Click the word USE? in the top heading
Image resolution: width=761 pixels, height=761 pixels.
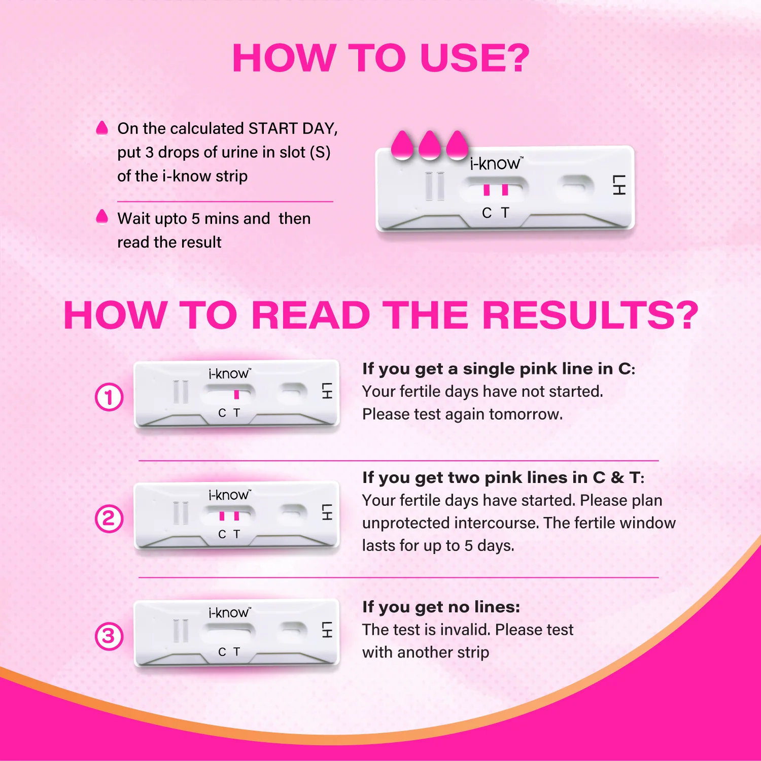tap(475, 58)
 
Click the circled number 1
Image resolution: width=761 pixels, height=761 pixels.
tap(109, 397)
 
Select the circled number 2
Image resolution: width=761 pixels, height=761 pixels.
tap(109, 518)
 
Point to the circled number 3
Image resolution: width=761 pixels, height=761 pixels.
tap(109, 636)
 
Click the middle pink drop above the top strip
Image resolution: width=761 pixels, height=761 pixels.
tap(430, 146)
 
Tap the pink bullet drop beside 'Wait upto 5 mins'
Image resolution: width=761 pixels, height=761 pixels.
tap(102, 217)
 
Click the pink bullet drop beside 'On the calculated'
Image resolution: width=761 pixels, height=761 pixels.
tap(102, 128)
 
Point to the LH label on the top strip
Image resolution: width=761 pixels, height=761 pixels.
tap(619, 185)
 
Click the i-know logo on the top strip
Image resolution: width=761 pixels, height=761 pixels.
tap(495, 163)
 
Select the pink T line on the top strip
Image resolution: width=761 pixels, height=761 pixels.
tap(505, 190)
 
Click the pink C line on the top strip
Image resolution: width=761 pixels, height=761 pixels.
tap(487, 190)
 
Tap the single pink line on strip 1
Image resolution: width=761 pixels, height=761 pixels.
tap(236, 394)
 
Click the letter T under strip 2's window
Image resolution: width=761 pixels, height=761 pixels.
tap(236, 534)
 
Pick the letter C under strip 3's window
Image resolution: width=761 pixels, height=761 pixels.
tap(222, 652)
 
